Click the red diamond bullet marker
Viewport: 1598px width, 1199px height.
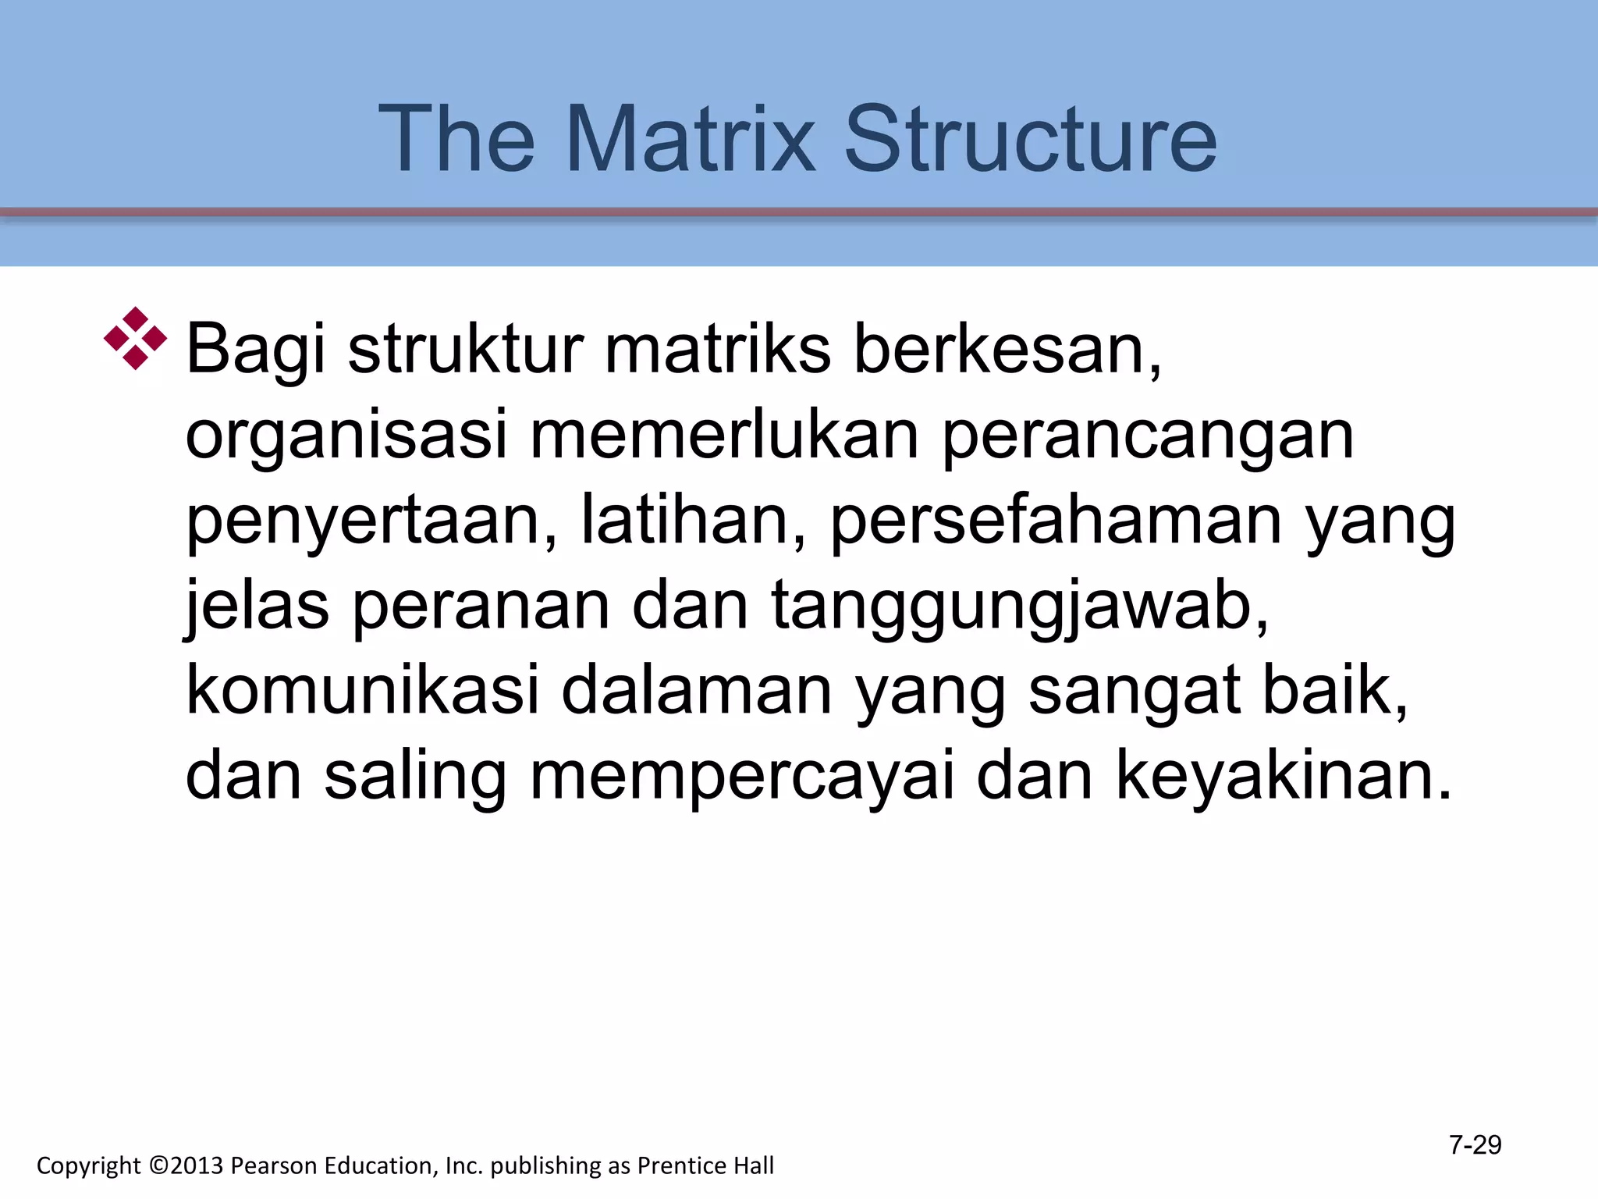(x=136, y=339)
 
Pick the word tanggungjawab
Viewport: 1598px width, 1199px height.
(x=1019, y=607)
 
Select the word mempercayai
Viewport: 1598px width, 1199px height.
(x=742, y=777)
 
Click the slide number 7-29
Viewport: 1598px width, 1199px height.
(x=1475, y=1145)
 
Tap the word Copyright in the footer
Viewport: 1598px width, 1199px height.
(x=88, y=1166)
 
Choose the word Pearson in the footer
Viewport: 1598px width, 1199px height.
(x=274, y=1165)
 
